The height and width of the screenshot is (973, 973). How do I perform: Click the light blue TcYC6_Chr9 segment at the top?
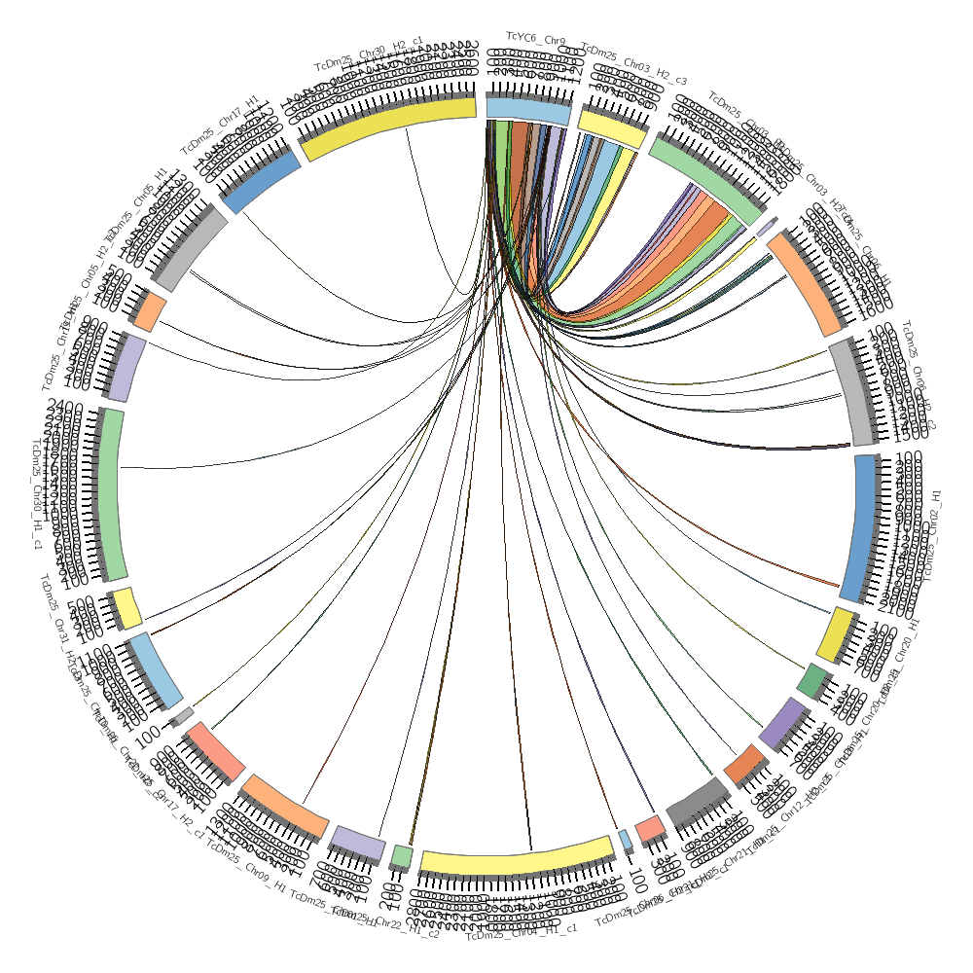pyautogui.click(x=527, y=110)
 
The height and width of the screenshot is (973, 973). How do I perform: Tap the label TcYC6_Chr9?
pyautogui.click(x=535, y=39)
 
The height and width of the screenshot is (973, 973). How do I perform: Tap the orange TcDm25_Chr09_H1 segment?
pyautogui.click(x=285, y=807)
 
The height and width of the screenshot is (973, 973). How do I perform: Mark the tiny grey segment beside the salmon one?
pyautogui.click(x=181, y=716)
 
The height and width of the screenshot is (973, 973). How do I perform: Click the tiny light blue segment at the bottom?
pyautogui.click(x=625, y=840)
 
